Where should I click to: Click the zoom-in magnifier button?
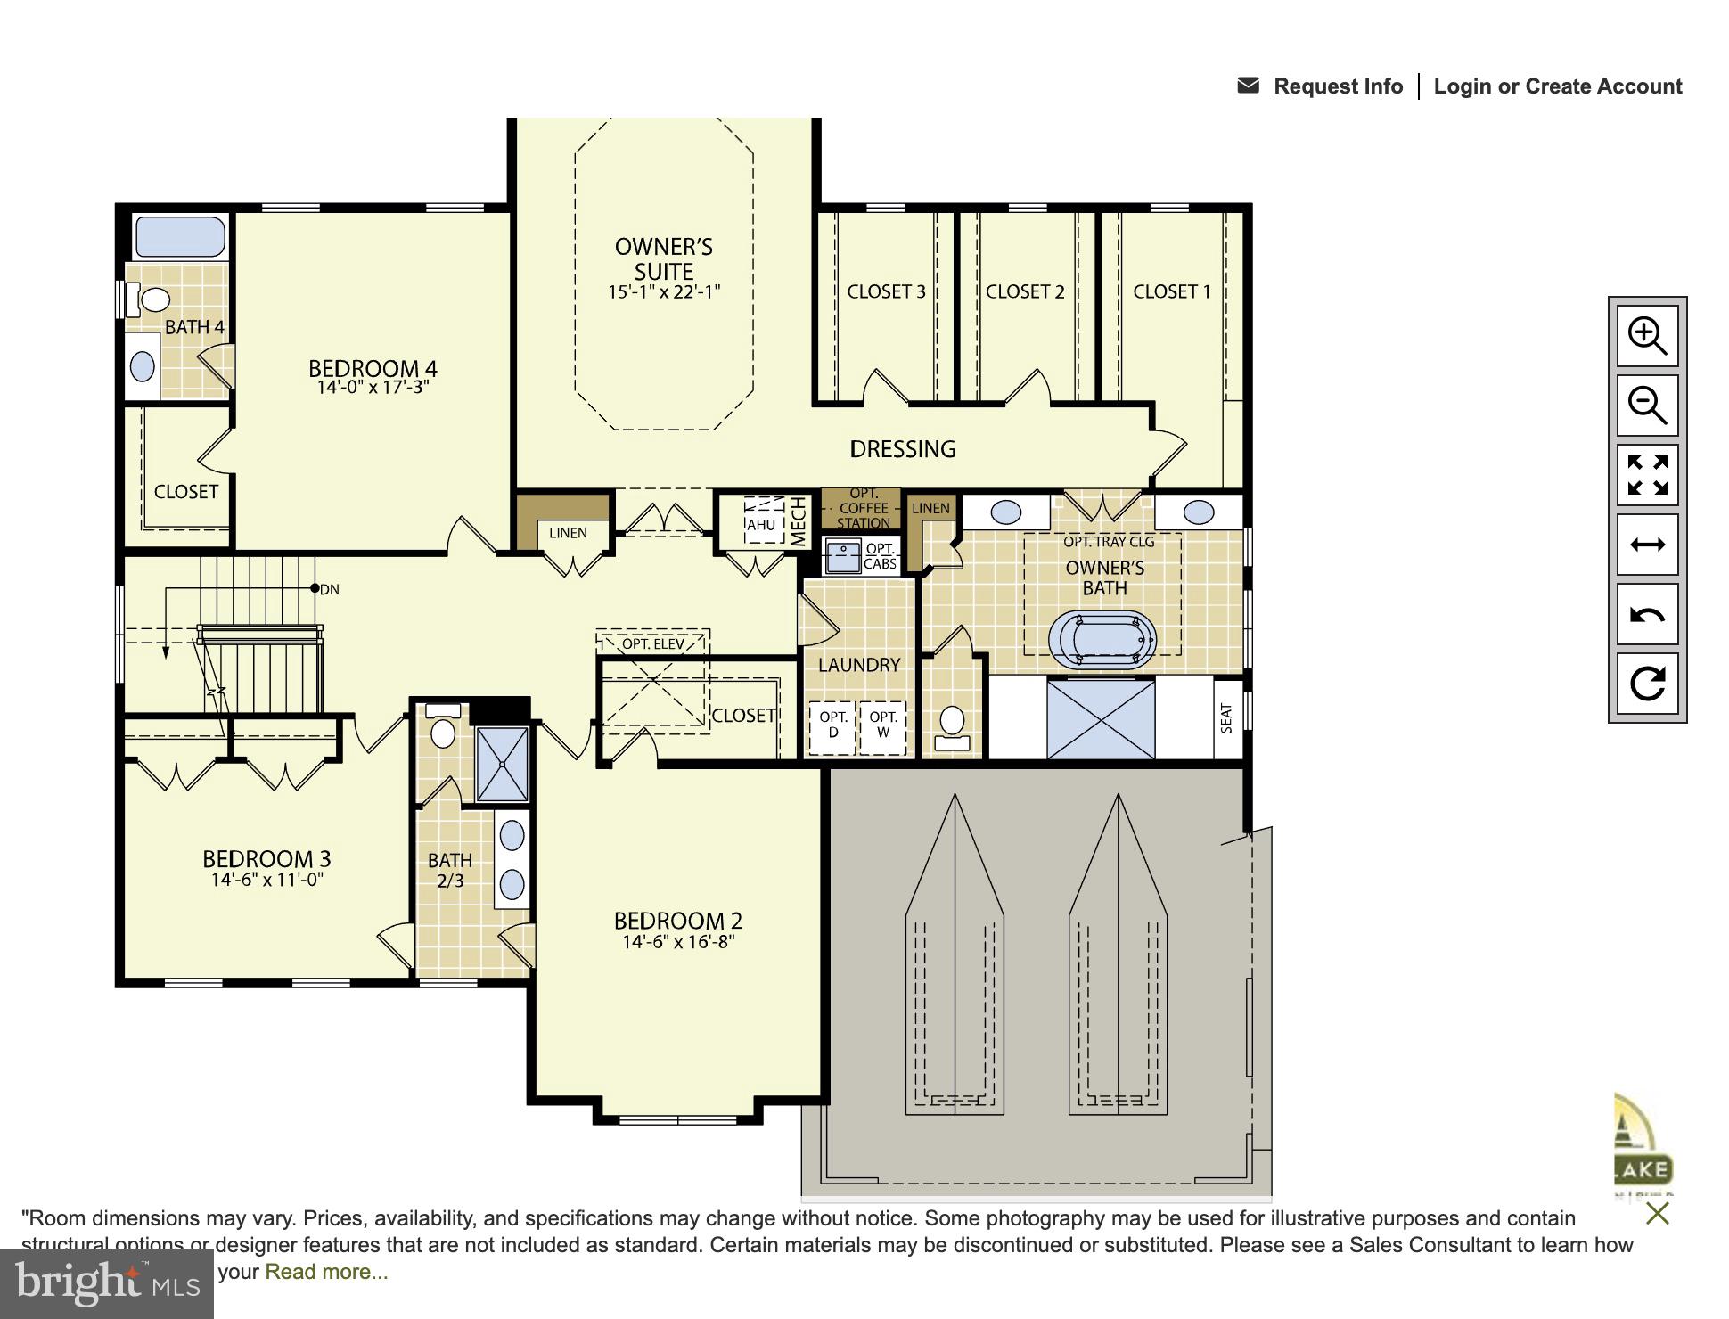click(x=1647, y=336)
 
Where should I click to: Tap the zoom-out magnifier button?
click(x=1647, y=406)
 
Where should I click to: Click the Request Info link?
click(x=1337, y=86)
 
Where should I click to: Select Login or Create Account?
click(x=1557, y=86)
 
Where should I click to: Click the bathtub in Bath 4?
click(x=180, y=236)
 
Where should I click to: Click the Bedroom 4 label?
click(x=373, y=368)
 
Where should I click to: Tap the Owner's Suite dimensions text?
click(x=664, y=292)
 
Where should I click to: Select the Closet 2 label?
click(x=1025, y=291)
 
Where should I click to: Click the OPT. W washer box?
click(x=883, y=725)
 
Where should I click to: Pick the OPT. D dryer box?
click(x=833, y=725)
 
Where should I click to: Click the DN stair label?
click(x=329, y=589)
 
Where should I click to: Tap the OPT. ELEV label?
click(x=653, y=643)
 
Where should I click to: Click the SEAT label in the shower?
click(x=1226, y=717)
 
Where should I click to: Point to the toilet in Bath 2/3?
click(x=443, y=733)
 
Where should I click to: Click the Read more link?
click(x=326, y=1272)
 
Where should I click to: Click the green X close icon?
click(x=1657, y=1213)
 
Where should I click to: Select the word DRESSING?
click(x=902, y=449)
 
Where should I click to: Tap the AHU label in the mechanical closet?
click(x=761, y=525)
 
